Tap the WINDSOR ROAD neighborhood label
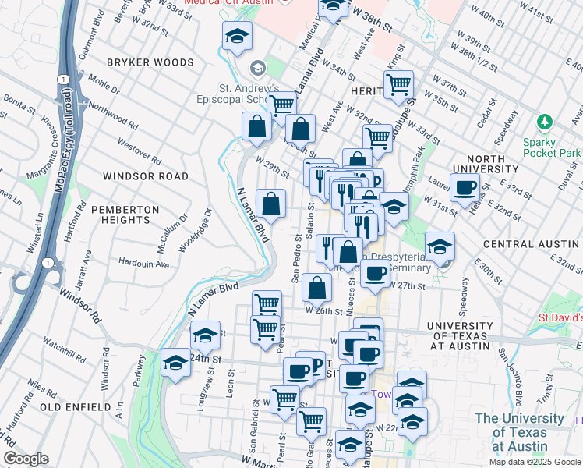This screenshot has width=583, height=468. coord(146,176)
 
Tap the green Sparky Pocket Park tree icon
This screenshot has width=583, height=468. coord(545,122)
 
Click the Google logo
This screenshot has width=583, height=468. coord(25,459)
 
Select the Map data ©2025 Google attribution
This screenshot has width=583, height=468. coord(533,462)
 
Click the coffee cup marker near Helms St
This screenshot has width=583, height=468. coord(465,187)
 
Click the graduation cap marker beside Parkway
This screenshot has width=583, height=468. coord(176,363)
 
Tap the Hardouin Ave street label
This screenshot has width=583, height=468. coord(143,264)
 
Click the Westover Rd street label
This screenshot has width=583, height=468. coord(139,151)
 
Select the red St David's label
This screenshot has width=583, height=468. coord(560,318)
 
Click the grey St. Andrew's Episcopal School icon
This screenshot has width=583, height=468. coord(258,68)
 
